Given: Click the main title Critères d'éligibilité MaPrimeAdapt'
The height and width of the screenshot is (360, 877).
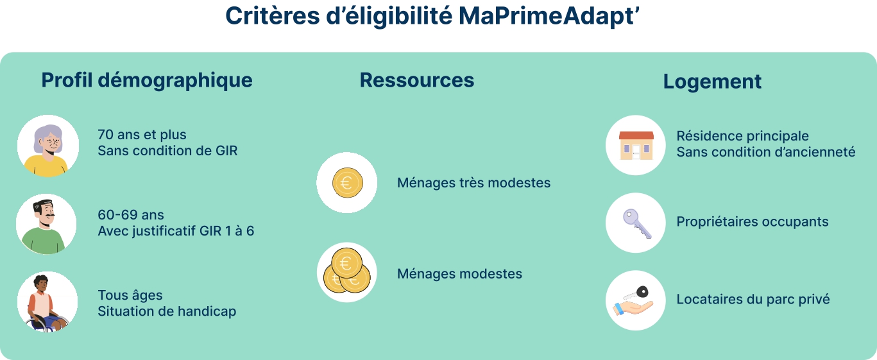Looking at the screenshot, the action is click(x=434, y=17).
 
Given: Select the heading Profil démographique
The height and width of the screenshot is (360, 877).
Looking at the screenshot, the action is click(x=147, y=80).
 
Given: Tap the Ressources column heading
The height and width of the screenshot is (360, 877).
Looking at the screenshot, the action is click(x=417, y=80).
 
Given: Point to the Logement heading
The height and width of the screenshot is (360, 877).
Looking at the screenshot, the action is click(x=712, y=81).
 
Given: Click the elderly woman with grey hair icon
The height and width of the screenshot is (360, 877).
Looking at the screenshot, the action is click(x=47, y=146).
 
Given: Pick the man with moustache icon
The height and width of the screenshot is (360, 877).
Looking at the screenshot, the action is click(x=46, y=224).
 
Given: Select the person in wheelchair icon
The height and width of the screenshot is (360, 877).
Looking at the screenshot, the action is click(x=47, y=302).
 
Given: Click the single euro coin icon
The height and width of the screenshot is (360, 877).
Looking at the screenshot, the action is click(x=347, y=183).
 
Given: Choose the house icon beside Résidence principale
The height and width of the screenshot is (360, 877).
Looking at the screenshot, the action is click(x=636, y=145).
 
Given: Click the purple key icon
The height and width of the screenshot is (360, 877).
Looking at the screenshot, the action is click(x=636, y=223).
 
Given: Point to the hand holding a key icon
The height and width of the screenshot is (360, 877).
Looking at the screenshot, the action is click(x=636, y=300).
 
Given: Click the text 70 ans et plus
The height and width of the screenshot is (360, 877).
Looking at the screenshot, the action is click(x=142, y=135).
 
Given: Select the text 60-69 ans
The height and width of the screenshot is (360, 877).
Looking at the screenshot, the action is click(x=131, y=215).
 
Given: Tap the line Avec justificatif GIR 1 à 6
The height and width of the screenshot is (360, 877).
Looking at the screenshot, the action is click(x=176, y=230).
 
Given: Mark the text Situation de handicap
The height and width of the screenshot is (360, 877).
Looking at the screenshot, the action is click(x=167, y=311).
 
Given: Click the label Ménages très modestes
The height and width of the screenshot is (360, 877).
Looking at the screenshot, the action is click(x=473, y=183).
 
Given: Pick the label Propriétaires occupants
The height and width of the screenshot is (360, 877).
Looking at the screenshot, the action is click(x=753, y=222).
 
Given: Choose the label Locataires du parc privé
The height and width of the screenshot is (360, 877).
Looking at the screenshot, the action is click(x=753, y=300).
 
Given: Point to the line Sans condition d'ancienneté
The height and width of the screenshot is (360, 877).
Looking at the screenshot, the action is click(x=766, y=152).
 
